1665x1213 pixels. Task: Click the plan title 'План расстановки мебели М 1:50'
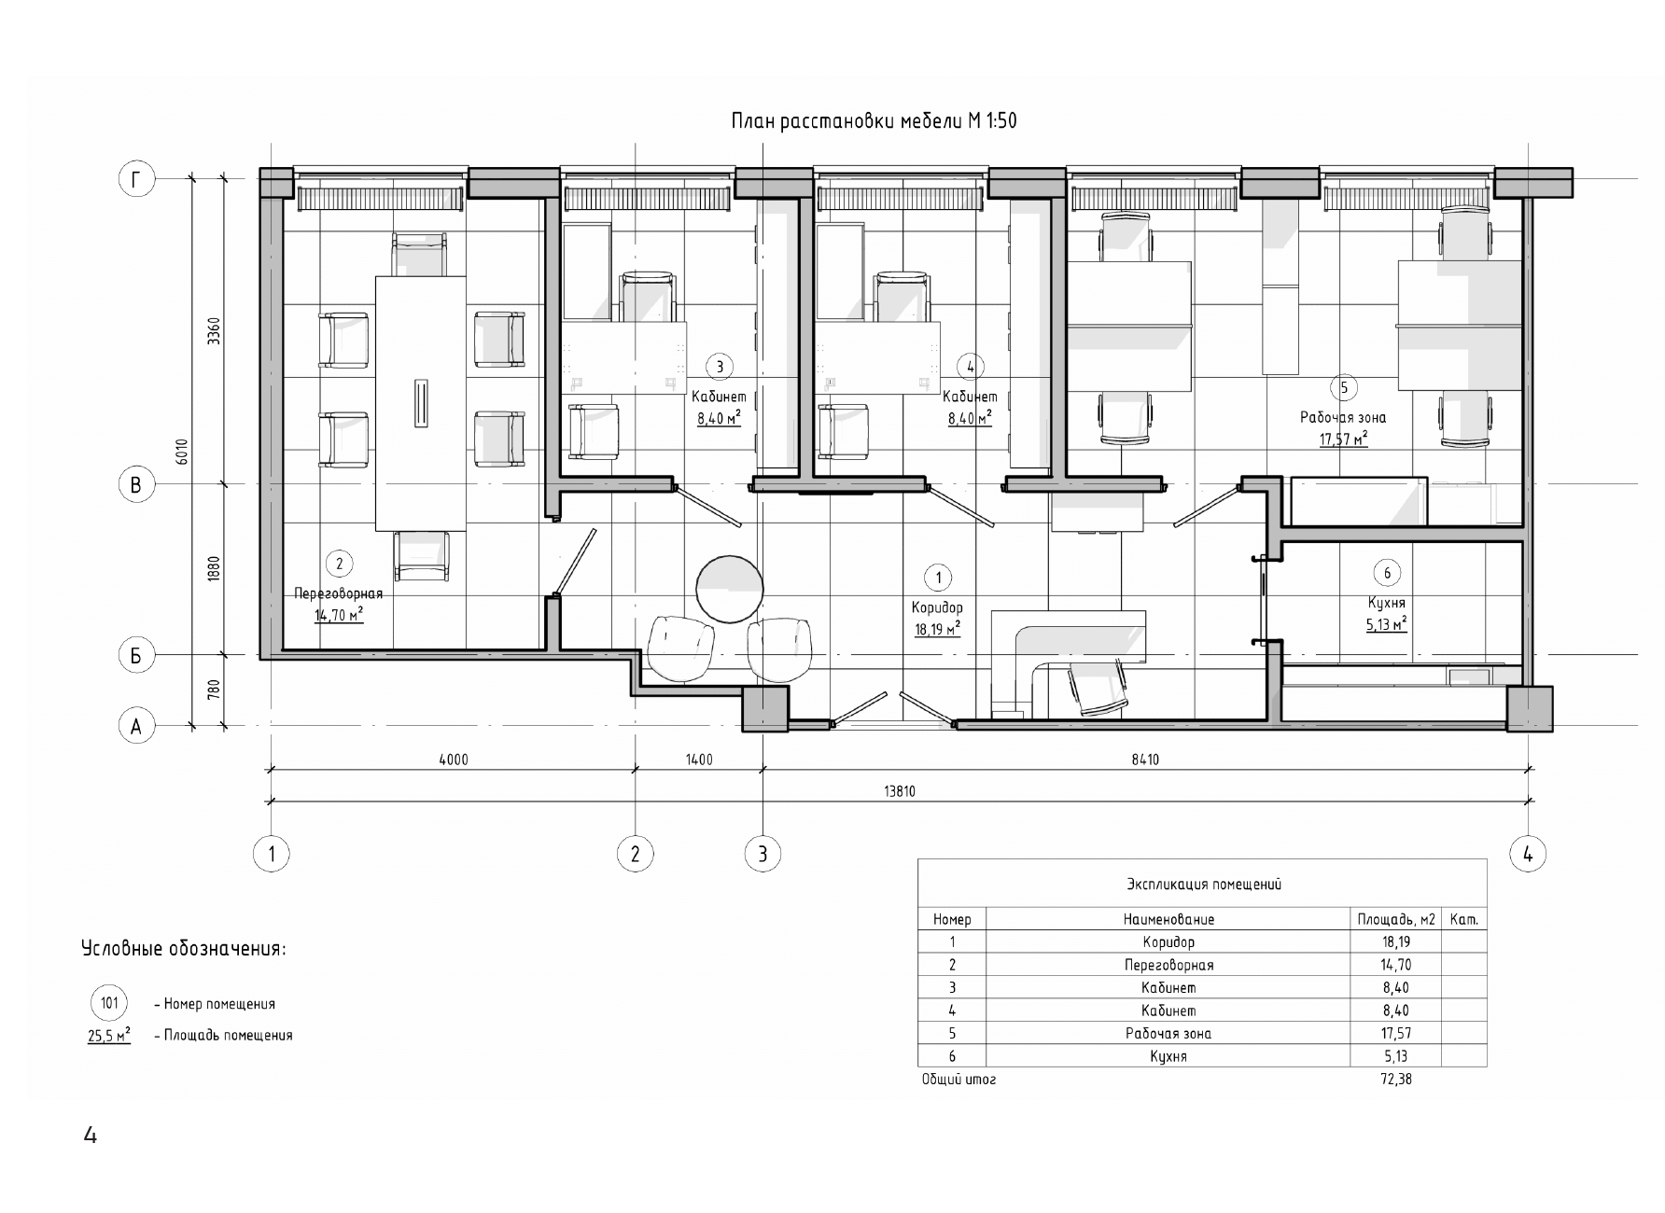(x=874, y=121)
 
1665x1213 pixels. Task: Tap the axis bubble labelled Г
(x=136, y=179)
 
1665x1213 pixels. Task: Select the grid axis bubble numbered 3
(x=763, y=854)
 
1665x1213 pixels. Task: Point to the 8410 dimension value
(x=1145, y=760)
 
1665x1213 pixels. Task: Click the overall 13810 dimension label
(x=900, y=791)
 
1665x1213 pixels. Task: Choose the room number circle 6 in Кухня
(x=1388, y=573)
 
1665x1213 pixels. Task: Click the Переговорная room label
(x=338, y=593)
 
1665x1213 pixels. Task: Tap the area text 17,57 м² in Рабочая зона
(x=1343, y=439)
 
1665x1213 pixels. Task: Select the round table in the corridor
(x=730, y=588)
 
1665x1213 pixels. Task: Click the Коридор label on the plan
(x=937, y=608)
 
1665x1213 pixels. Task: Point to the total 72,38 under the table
(x=1395, y=1080)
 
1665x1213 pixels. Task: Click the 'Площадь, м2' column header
(x=1395, y=919)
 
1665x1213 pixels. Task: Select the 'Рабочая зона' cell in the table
(x=1168, y=1034)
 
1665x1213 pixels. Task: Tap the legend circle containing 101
(x=109, y=1004)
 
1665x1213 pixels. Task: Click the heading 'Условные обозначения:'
(x=184, y=950)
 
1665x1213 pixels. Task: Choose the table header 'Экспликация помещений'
(x=1203, y=884)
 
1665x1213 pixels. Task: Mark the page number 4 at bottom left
(x=91, y=1136)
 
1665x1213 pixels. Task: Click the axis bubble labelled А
(x=136, y=726)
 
